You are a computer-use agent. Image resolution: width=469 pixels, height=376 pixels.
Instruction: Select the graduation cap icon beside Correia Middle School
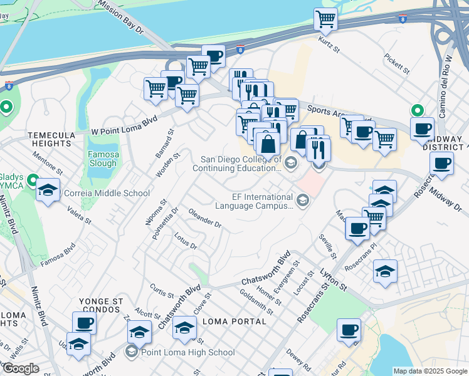point(48,190)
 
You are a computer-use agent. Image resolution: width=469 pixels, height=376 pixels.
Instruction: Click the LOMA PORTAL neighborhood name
point(235,321)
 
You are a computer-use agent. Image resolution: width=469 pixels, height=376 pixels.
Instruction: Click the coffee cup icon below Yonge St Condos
point(84,323)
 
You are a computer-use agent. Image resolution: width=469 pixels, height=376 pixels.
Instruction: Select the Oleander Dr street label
point(205,219)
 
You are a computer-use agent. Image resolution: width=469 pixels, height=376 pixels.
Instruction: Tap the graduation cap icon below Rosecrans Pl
point(385,271)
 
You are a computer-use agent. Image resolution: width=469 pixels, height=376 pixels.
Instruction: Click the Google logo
point(21,368)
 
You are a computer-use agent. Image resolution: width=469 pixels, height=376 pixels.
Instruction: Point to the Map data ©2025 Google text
point(429,371)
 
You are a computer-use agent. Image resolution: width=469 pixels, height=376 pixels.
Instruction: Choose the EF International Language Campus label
point(254,201)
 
